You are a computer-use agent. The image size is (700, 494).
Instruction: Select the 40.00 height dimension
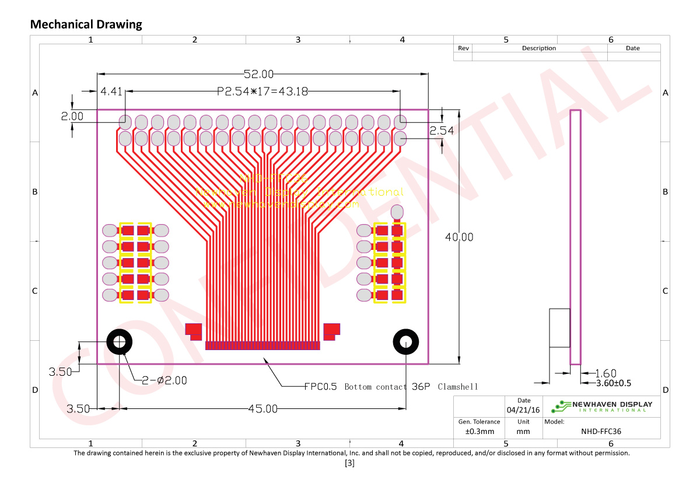click(x=459, y=237)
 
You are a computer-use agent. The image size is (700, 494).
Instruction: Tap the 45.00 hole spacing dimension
click(x=263, y=409)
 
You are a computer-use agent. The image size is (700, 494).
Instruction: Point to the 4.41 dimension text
click(x=111, y=91)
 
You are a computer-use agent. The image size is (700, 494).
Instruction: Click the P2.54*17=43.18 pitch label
click(x=262, y=91)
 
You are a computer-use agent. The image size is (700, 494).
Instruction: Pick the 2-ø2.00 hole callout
click(x=164, y=380)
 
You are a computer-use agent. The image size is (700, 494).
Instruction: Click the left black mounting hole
click(x=119, y=342)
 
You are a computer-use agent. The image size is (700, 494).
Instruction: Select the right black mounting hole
click(x=406, y=342)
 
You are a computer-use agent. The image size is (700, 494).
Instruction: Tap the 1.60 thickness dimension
click(x=605, y=373)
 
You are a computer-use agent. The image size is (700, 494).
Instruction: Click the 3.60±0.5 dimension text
click(x=613, y=383)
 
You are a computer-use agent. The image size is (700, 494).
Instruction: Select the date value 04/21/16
click(x=523, y=410)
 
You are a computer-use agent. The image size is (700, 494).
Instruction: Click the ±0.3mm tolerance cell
click(x=479, y=432)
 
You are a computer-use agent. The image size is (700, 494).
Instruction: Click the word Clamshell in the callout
click(x=457, y=387)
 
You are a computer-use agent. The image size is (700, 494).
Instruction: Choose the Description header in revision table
click(x=538, y=48)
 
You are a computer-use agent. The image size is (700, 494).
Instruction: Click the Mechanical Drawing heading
click(x=86, y=24)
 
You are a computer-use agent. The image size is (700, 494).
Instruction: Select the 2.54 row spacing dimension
click(x=442, y=131)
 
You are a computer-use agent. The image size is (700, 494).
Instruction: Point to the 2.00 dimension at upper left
click(x=72, y=116)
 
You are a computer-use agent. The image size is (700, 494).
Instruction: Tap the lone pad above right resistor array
click(x=397, y=211)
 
